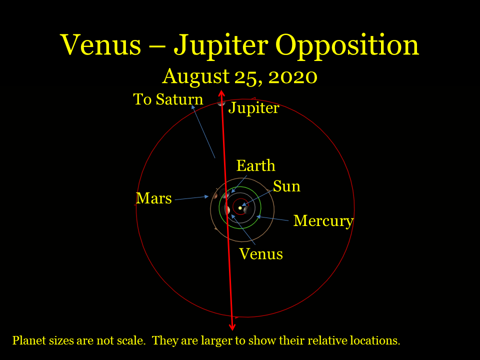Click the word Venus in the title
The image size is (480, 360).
coord(101,45)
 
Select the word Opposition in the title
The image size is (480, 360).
coord(347,46)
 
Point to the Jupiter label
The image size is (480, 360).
coord(253,108)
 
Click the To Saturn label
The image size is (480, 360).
coord(168,99)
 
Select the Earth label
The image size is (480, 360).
coord(255,165)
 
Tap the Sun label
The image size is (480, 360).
coord(286,186)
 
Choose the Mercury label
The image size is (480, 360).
coord(323,220)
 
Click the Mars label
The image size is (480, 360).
coord(153,198)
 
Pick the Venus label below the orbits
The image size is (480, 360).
coord(260,254)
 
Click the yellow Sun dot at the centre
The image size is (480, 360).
coord(240,207)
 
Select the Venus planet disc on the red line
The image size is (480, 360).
coord(227,210)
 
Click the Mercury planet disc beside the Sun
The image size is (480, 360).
coord(245,209)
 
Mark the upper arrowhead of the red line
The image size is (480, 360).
coord(220,93)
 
